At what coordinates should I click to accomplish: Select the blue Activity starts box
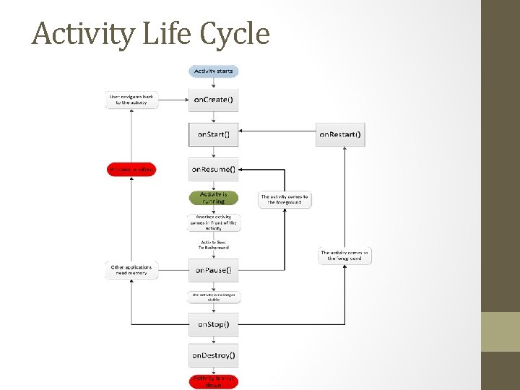[213, 71]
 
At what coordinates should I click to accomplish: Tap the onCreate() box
[213, 100]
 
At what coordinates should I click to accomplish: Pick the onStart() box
[213, 134]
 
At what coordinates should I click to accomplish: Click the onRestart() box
[340, 134]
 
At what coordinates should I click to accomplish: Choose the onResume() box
[213, 169]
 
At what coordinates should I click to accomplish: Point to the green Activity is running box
[213, 198]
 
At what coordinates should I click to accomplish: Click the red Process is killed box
[131, 169]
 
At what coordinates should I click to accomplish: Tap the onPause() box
[213, 270]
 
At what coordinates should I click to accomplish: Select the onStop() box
[213, 324]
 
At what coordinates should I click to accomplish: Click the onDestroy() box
[213, 355]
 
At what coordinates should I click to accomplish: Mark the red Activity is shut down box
[213, 381]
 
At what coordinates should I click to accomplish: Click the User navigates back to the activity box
[131, 100]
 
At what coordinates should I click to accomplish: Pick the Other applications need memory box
[131, 270]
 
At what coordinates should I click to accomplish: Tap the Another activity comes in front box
[213, 222]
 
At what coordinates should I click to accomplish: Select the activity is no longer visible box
[213, 296]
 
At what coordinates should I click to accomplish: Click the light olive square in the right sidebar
[500, 331]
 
